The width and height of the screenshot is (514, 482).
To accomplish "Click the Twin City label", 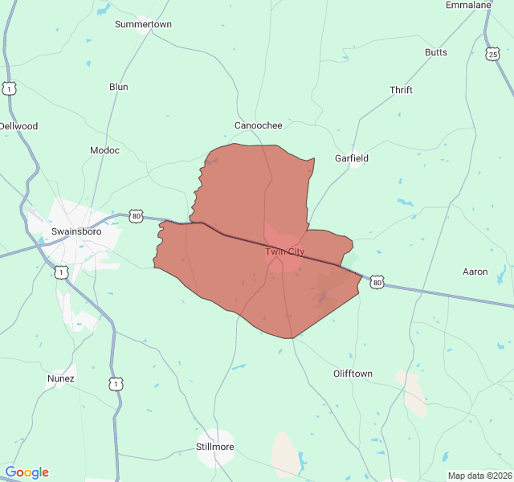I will (285, 251).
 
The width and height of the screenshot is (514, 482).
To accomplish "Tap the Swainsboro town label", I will (75, 231).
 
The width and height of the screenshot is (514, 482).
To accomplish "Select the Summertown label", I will (143, 24).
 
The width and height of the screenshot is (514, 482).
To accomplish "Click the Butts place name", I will (436, 52).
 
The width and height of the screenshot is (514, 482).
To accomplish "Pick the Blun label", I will (118, 87).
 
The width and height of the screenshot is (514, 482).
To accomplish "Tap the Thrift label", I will (401, 90).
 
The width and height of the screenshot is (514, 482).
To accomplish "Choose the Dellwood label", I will (18, 126).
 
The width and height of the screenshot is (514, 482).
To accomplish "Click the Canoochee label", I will (258, 125).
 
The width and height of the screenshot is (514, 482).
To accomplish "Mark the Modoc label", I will (104, 150).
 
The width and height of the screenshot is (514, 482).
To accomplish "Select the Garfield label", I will (352, 158).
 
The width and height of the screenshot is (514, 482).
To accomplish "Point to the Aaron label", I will (475, 272).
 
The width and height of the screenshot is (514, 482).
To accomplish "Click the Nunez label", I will (61, 378).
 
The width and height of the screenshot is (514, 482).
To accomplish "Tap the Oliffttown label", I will (353, 374).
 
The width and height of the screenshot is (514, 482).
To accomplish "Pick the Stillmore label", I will (214, 447).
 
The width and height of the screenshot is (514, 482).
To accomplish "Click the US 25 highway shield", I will (492, 54).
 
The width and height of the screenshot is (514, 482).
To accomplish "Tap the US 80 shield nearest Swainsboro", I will (137, 216).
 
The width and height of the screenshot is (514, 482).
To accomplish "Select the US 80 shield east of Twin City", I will (377, 282).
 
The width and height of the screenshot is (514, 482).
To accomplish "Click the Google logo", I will (27, 472).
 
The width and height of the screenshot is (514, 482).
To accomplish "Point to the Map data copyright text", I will (479, 476).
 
